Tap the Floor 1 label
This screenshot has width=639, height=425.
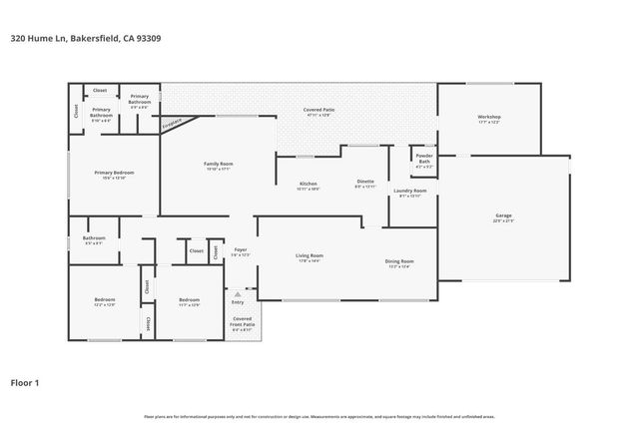click(x=25, y=382)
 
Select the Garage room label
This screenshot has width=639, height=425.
click(x=503, y=216)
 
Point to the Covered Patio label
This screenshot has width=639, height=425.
click(x=318, y=110)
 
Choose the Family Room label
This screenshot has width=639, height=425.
click(x=218, y=164)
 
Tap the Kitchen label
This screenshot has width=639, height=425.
click(x=309, y=184)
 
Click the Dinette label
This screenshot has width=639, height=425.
click(x=365, y=182)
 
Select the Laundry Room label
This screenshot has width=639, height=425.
click(x=409, y=190)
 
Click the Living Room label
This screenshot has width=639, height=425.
click(x=309, y=256)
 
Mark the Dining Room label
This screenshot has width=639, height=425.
click(x=399, y=261)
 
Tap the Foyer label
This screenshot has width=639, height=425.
click(x=241, y=249)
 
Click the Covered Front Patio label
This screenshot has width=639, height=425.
click(x=242, y=320)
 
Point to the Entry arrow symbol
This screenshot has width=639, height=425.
click(x=238, y=294)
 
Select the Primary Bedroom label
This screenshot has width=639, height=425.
click(x=114, y=173)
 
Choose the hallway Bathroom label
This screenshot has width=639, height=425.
click(x=94, y=237)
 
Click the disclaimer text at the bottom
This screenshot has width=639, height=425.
click(x=319, y=414)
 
